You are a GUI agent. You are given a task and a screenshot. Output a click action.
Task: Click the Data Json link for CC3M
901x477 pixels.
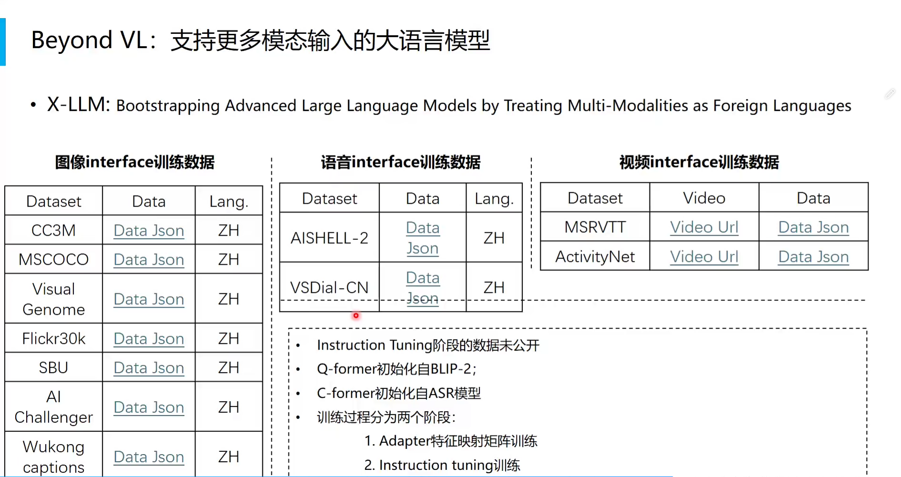tap(149, 230)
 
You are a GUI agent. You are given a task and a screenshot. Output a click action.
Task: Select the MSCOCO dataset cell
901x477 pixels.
tap(53, 259)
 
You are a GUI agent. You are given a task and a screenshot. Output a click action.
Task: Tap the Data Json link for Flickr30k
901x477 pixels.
tap(149, 339)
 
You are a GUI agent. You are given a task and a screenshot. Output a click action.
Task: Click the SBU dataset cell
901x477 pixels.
tap(53, 367)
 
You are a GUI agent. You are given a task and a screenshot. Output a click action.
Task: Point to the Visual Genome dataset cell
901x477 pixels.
tap(53, 299)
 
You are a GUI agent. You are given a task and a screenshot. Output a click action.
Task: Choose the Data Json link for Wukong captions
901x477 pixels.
tap(149, 457)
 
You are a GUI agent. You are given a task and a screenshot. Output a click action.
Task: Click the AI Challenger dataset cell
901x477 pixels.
tap(53, 407)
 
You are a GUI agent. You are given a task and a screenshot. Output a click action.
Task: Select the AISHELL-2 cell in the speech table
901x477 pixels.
tap(330, 238)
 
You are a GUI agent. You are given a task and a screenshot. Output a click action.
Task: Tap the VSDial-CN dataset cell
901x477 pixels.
tap(330, 287)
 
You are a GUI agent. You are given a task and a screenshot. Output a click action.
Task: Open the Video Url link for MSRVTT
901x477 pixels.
tap(704, 227)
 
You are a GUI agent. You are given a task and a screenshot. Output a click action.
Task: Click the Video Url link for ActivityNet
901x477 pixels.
tap(704, 257)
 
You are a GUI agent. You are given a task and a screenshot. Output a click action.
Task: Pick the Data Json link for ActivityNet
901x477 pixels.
tap(813, 257)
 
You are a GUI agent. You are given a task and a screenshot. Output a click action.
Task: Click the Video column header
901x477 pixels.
tap(704, 198)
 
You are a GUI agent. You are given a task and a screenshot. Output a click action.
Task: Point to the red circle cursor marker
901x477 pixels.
tap(356, 315)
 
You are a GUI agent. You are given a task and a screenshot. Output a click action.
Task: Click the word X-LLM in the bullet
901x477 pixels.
tap(78, 104)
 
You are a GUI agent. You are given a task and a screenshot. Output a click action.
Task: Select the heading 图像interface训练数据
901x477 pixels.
tap(135, 162)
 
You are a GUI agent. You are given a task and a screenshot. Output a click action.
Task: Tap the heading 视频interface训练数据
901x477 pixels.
tap(699, 162)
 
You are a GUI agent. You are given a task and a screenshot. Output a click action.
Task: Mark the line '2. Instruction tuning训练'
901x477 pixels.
tap(442, 465)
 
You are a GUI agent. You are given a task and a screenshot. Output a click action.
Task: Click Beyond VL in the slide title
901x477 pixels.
tap(89, 40)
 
